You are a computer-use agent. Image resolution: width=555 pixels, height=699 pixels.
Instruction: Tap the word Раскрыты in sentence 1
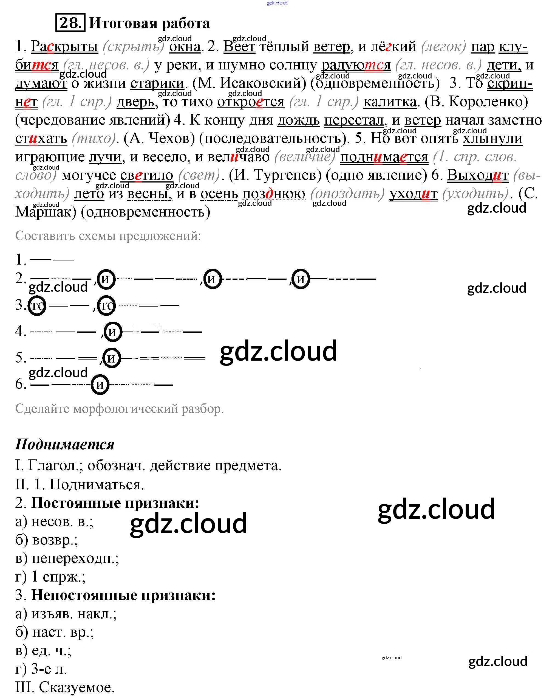pyautogui.click(x=64, y=46)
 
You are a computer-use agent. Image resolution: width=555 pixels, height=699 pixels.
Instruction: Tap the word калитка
pyautogui.click(x=390, y=102)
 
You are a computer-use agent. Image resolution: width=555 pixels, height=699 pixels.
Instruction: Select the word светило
pyautogui.click(x=146, y=175)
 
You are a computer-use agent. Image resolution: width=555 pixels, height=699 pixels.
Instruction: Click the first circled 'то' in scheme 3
pyautogui.click(x=37, y=305)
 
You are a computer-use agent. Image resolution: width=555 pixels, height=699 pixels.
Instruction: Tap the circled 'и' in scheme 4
pyautogui.click(x=112, y=332)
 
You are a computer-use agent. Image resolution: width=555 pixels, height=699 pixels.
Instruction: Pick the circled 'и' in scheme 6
pyautogui.click(x=100, y=384)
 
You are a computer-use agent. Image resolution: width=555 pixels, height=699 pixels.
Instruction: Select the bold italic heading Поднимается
pyautogui.click(x=65, y=444)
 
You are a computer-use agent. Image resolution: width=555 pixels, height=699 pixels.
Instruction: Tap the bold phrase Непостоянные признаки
pyautogui.click(x=123, y=595)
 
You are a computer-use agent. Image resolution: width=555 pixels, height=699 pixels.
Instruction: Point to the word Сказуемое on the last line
pyautogui.click(x=77, y=687)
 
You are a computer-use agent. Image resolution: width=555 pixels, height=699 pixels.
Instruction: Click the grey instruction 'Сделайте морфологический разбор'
pyautogui.click(x=119, y=409)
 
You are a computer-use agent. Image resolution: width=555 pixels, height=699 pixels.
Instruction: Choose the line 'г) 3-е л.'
pyautogui.click(x=41, y=669)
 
